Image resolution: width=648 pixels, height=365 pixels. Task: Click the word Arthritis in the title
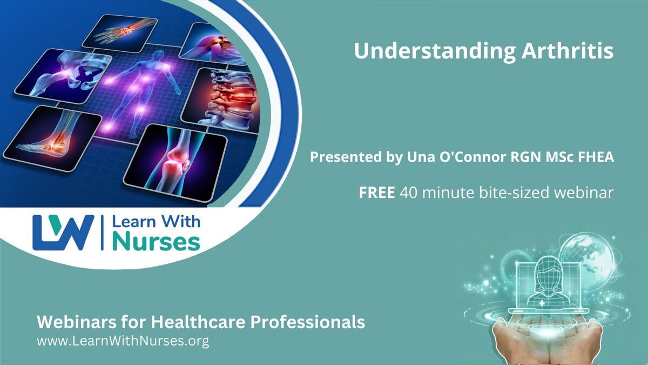click(x=568, y=51)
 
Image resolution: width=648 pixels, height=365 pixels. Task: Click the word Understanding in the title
click(x=435, y=51)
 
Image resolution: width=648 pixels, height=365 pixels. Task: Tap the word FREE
click(x=377, y=193)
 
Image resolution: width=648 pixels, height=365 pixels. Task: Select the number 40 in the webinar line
click(x=408, y=193)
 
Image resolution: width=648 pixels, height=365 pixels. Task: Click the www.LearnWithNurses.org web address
click(x=123, y=341)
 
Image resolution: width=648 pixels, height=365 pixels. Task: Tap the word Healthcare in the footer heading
click(x=198, y=322)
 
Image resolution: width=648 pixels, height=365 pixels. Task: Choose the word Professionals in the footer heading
click(x=307, y=322)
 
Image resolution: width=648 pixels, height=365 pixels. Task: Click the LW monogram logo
click(x=63, y=233)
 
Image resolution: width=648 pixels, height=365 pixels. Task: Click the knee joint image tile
click(x=175, y=163)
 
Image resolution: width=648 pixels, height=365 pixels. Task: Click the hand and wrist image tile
click(x=120, y=34)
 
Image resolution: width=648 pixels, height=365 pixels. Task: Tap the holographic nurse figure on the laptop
click(x=548, y=282)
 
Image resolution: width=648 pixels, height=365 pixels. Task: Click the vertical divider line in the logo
click(x=102, y=233)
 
